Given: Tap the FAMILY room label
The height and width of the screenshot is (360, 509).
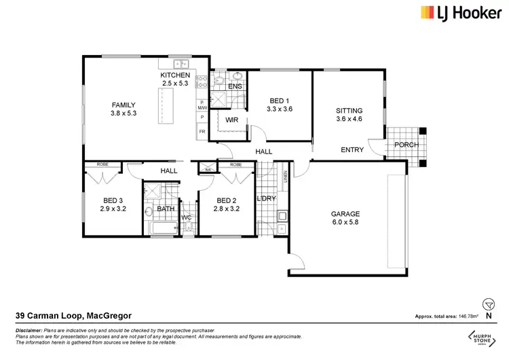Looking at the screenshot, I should tap(124, 105).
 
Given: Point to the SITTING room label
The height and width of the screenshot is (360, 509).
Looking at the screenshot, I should tap(350, 111).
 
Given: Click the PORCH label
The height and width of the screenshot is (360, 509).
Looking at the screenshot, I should tap(407, 145).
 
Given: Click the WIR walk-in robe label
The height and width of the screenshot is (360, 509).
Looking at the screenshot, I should tap(232, 120).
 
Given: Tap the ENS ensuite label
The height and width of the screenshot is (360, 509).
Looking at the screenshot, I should tap(235, 87).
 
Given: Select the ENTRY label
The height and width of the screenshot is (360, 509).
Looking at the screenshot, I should tap(352, 150).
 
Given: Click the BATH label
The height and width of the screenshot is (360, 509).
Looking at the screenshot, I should tap(166, 209).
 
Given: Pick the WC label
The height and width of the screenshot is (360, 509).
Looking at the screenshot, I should tap(187, 217).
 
